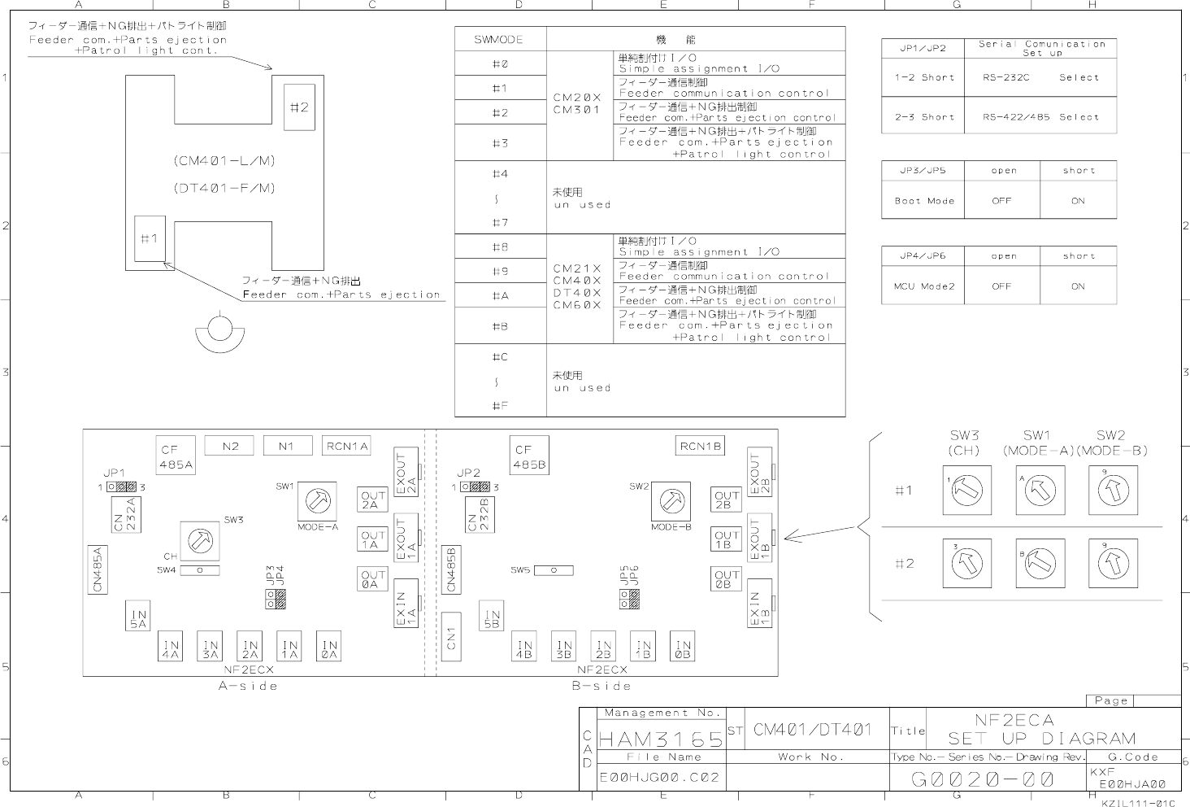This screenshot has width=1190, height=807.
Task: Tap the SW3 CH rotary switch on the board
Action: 200,539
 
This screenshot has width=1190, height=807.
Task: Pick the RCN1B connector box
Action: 701,446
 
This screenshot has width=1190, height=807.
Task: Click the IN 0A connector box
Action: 328,646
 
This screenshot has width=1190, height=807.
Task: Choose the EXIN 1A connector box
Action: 406,603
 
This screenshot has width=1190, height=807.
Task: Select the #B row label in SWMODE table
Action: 500,326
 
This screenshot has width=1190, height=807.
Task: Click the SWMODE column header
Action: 499,39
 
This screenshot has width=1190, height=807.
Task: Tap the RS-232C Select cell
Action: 1040,78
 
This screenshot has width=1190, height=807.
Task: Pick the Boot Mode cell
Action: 923,201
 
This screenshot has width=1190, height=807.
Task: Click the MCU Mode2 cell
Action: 923,286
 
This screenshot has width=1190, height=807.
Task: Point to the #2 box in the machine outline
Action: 299,107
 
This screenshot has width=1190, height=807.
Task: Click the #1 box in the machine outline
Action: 150,238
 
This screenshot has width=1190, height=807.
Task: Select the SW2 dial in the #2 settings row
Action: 1113,563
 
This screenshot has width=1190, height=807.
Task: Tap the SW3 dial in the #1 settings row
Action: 966,491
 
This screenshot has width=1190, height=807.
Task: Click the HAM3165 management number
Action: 661,739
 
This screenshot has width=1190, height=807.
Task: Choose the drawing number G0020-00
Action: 983,779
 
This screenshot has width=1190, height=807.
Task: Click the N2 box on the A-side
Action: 231,446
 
